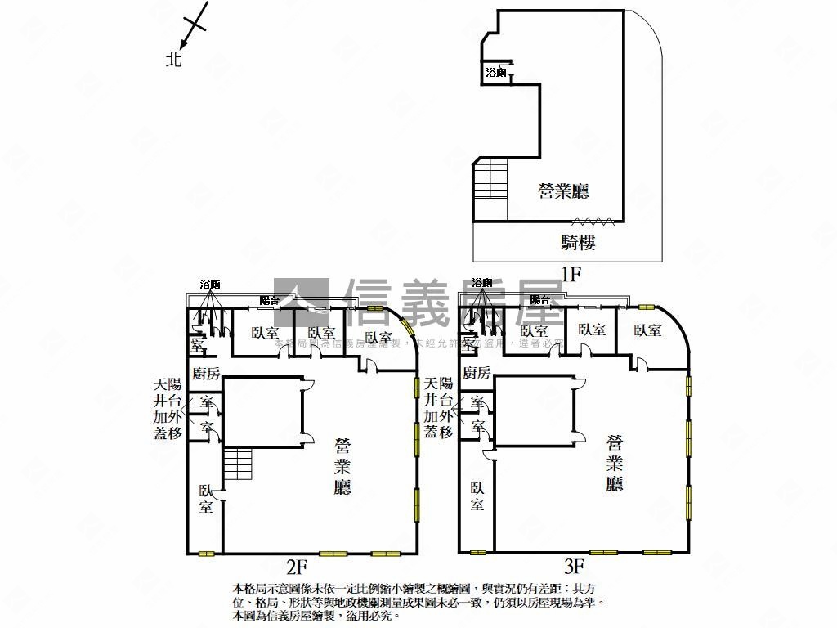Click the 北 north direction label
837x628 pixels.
point(173,59)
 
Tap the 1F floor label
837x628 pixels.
point(570,274)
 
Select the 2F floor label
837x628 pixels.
point(296,565)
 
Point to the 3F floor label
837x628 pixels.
point(574,565)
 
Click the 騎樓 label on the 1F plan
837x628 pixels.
point(578,242)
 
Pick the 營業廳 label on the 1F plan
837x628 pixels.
point(563,191)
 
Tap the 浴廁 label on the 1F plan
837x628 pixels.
point(496,73)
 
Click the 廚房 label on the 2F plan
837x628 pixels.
point(205,374)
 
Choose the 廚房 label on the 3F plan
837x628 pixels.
point(477,374)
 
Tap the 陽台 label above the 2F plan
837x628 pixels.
point(270,300)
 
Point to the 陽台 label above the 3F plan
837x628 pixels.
point(539,300)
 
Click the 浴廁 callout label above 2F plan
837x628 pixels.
point(210,284)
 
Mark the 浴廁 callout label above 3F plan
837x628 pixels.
point(483,284)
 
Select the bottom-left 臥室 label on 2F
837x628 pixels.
point(206,498)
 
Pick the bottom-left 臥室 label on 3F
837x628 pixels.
point(477,496)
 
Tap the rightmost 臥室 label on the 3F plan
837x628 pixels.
point(647,330)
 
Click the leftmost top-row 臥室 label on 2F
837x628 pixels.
point(265,333)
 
